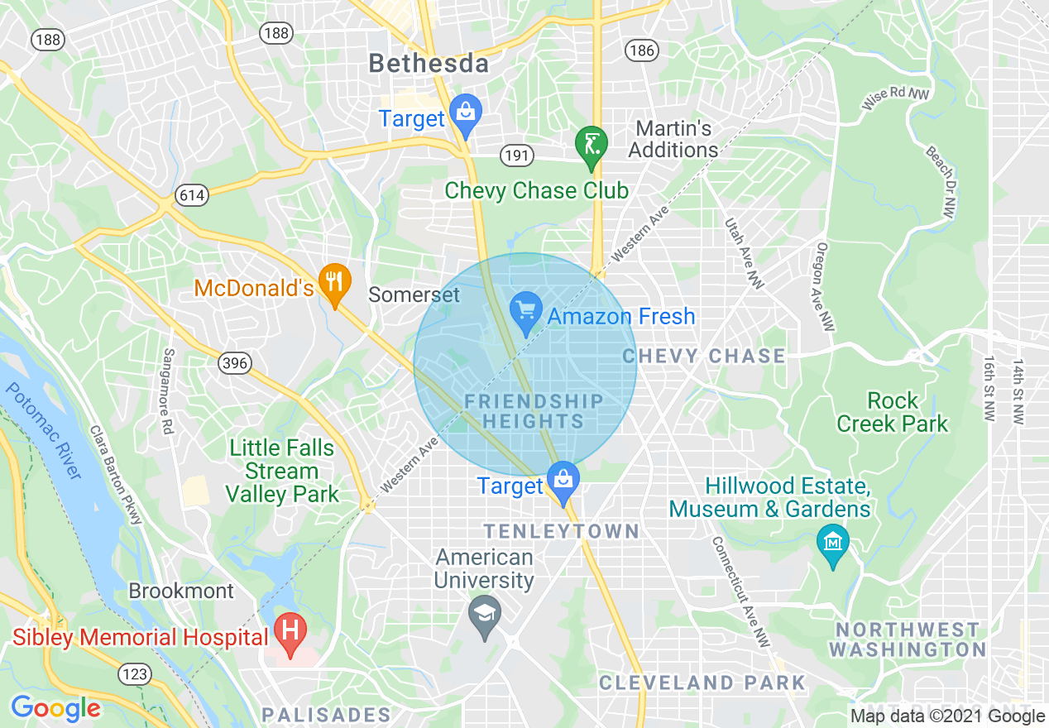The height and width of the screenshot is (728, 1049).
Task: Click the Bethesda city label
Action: coord(428,63)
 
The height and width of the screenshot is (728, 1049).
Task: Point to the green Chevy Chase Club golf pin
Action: coord(592,144)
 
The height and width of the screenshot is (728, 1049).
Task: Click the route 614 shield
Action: coord(192,196)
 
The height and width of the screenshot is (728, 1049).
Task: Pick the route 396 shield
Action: coord(234,363)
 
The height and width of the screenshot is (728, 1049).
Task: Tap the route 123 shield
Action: coord(134,674)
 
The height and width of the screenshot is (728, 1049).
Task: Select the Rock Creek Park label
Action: coord(892,412)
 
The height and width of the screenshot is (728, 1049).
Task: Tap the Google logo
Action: coord(55,708)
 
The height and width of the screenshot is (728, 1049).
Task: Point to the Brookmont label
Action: coord(181,591)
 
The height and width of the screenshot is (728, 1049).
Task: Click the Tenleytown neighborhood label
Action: coord(561,531)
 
